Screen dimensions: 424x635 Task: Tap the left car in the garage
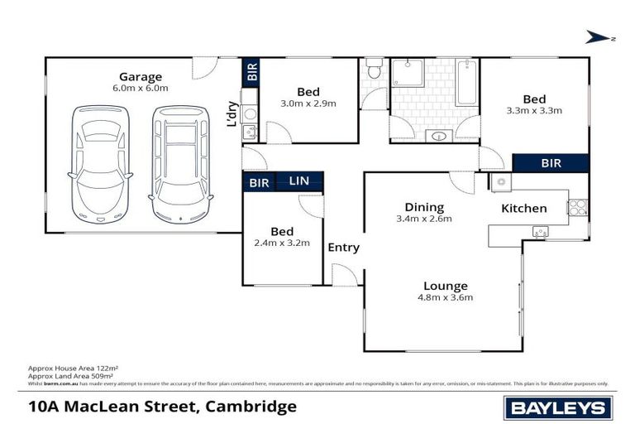tap(101, 163)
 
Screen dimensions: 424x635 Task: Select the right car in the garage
tap(179, 163)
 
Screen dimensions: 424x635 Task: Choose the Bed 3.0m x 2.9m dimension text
tap(308, 104)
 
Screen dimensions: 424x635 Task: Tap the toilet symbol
tap(375, 70)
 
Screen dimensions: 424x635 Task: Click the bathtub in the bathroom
tap(466, 83)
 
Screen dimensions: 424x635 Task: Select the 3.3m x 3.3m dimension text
tap(534, 110)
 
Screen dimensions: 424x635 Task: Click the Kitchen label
tap(524, 208)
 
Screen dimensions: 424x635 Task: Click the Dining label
tap(424, 207)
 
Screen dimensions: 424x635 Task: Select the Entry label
tap(344, 247)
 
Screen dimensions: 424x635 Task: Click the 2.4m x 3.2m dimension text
tap(281, 243)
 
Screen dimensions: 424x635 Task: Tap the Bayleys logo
tap(558, 407)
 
